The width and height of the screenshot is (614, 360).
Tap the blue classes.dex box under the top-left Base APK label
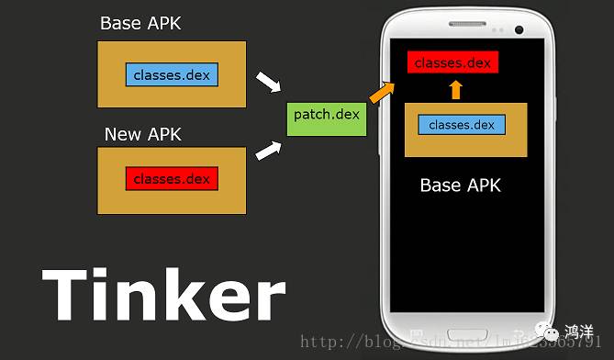click(x=172, y=74)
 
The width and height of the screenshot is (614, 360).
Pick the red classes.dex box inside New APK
click(x=172, y=178)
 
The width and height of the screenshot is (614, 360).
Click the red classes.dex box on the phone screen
click(x=452, y=62)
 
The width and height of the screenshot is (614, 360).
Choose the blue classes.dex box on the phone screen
click(x=461, y=125)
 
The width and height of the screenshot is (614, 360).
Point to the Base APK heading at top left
click(x=140, y=24)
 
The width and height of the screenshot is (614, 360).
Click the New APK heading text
click(x=142, y=134)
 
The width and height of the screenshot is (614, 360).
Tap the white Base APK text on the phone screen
click(x=460, y=186)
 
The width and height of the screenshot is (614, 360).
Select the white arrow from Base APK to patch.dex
click(x=266, y=83)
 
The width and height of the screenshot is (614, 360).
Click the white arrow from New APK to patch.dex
click(x=266, y=149)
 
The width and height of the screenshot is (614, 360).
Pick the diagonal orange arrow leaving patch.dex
click(x=381, y=90)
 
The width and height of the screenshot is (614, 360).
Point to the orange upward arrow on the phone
click(x=456, y=89)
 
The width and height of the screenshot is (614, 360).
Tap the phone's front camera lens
click(x=519, y=29)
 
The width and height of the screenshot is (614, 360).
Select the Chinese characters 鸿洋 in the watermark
click(x=578, y=331)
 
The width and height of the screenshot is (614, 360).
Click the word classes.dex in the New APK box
click(x=172, y=178)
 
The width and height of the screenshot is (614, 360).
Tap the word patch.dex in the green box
click(x=327, y=115)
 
